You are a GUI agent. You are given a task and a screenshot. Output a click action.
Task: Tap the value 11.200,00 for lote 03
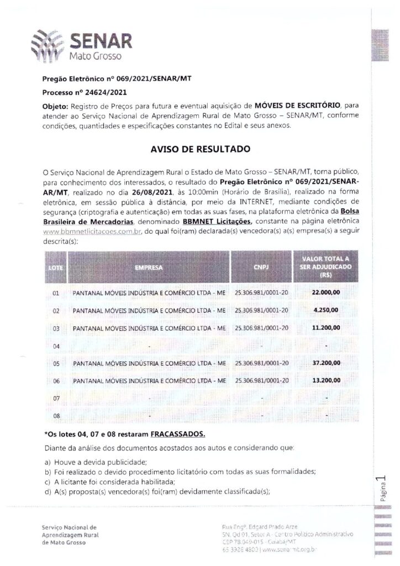click(326, 328)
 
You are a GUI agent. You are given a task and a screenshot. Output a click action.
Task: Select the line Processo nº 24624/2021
click(85, 92)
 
